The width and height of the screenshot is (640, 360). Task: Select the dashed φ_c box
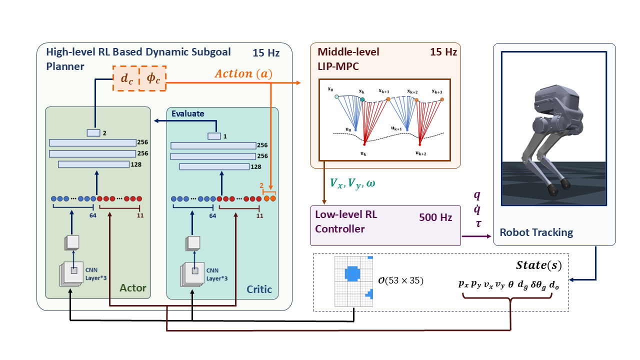[x=152, y=78]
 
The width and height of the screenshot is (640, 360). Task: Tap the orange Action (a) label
[x=243, y=74]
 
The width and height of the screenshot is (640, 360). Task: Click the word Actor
[x=133, y=288]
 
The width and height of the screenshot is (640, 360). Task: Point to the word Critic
[x=259, y=289]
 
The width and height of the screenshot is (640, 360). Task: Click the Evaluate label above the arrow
[x=187, y=113]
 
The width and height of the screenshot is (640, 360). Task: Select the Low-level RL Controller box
[x=385, y=225]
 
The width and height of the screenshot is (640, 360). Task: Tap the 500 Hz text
[x=435, y=217]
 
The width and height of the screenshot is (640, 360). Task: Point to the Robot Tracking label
[x=536, y=232]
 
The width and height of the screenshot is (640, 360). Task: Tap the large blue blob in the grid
[x=352, y=273]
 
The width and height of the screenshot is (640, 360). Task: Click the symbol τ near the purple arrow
[x=478, y=223]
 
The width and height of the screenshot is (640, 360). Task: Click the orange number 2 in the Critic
[x=261, y=185]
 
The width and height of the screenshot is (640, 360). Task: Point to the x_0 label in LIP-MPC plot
[x=330, y=89]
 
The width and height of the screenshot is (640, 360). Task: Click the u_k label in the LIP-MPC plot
[x=364, y=154]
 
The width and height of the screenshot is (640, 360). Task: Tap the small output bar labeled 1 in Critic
[x=214, y=136]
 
